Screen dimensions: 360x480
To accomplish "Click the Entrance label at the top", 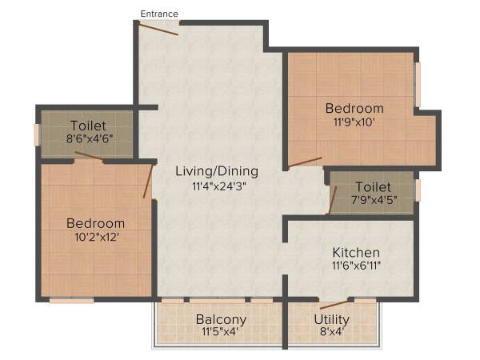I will pyautogui.click(x=159, y=13).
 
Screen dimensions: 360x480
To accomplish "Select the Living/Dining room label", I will pyautogui.click(x=217, y=170).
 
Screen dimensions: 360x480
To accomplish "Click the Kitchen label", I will pyautogui.click(x=356, y=253).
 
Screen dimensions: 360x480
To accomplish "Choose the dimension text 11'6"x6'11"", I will pyautogui.click(x=356, y=266).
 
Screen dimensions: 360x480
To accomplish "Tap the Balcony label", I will pyautogui.click(x=221, y=320).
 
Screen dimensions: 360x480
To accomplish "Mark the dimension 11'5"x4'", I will pyautogui.click(x=221, y=333).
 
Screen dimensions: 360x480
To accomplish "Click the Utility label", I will pyautogui.click(x=331, y=320).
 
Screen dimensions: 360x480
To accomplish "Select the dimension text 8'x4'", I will pyautogui.click(x=331, y=333).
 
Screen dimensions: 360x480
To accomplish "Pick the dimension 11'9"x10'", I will pyautogui.click(x=354, y=122).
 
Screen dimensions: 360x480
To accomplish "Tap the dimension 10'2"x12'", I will pyautogui.click(x=96, y=237).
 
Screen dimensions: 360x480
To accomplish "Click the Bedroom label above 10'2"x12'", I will pyautogui.click(x=96, y=223).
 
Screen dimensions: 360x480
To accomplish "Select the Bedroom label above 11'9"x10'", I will pyautogui.click(x=354, y=109).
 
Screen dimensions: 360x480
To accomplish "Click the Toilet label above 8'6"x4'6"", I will pyautogui.click(x=88, y=126).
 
